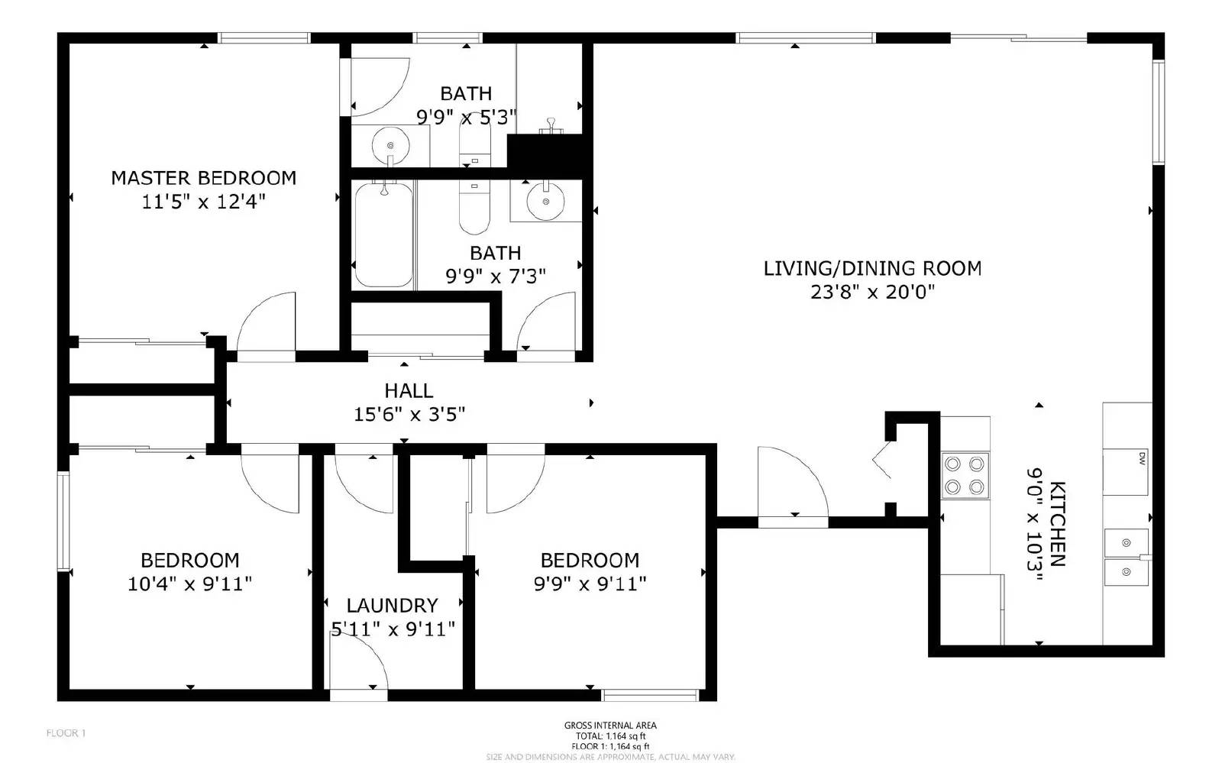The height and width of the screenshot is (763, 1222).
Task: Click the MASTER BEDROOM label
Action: pyautogui.click(x=203, y=178)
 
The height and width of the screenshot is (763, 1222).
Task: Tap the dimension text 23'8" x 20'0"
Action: pyautogui.click(x=872, y=292)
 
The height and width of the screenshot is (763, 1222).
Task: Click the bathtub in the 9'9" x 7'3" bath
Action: pyautogui.click(x=384, y=234)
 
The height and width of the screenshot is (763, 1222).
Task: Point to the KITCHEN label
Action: pyautogui.click(x=1057, y=523)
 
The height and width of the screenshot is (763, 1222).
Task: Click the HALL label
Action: pyautogui.click(x=409, y=391)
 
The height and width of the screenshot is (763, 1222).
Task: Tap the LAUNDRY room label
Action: pyautogui.click(x=392, y=606)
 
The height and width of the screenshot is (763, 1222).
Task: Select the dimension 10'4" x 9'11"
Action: pyautogui.click(x=189, y=584)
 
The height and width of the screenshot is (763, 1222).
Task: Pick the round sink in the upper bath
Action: pyautogui.click(x=390, y=144)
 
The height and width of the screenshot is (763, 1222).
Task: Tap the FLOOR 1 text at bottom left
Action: pyautogui.click(x=66, y=733)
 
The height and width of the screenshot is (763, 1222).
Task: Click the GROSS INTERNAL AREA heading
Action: pyautogui.click(x=610, y=726)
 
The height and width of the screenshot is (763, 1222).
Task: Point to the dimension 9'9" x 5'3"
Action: pyautogui.click(x=466, y=118)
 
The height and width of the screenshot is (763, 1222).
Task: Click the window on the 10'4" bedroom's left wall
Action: pyautogui.click(x=63, y=522)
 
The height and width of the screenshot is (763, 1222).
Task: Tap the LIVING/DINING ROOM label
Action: pyautogui.click(x=872, y=268)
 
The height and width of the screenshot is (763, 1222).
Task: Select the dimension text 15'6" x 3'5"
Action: pyautogui.click(x=409, y=415)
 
